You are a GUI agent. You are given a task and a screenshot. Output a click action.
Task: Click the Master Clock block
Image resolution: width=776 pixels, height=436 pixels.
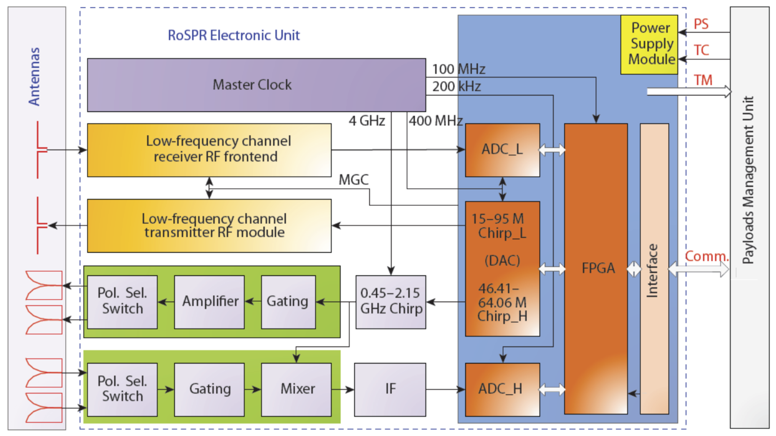(256, 85)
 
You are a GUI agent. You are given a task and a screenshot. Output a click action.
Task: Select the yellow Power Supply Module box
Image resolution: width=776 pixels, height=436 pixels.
(649, 44)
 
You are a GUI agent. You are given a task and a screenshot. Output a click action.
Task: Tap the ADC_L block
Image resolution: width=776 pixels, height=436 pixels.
(502, 150)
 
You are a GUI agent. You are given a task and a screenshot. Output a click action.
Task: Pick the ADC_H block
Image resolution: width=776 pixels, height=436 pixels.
(502, 389)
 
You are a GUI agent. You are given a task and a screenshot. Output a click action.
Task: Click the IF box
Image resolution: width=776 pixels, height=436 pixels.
(390, 389)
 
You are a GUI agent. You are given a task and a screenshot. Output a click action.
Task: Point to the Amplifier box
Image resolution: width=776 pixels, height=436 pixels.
(209, 302)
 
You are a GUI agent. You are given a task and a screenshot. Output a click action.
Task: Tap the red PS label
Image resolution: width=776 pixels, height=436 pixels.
(701, 24)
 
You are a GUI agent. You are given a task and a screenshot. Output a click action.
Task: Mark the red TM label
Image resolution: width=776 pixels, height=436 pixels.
(703, 80)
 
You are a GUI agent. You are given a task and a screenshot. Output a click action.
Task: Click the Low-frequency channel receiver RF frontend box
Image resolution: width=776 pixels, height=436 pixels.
(209, 150)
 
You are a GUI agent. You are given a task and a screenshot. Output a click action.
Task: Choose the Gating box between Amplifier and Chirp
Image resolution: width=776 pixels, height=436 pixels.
(288, 302)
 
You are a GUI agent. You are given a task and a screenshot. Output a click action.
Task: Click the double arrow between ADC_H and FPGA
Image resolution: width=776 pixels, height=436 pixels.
(552, 389)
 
